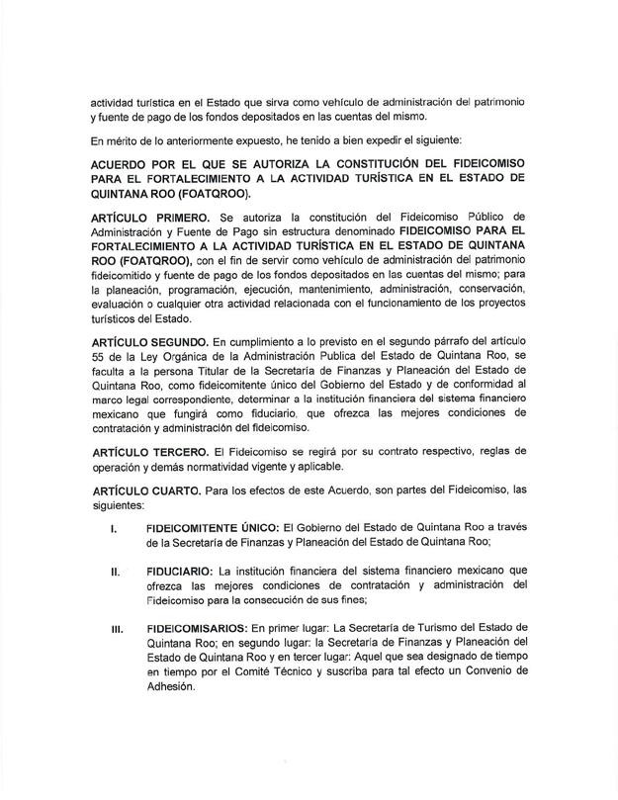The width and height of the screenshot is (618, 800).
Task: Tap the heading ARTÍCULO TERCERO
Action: [145, 452]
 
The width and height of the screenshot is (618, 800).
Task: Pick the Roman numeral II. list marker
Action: [115, 571]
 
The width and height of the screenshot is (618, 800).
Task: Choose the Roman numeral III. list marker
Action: [116, 627]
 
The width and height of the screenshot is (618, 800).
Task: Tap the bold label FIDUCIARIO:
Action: [179, 571]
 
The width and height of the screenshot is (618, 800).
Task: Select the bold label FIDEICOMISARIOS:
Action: [196, 627]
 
